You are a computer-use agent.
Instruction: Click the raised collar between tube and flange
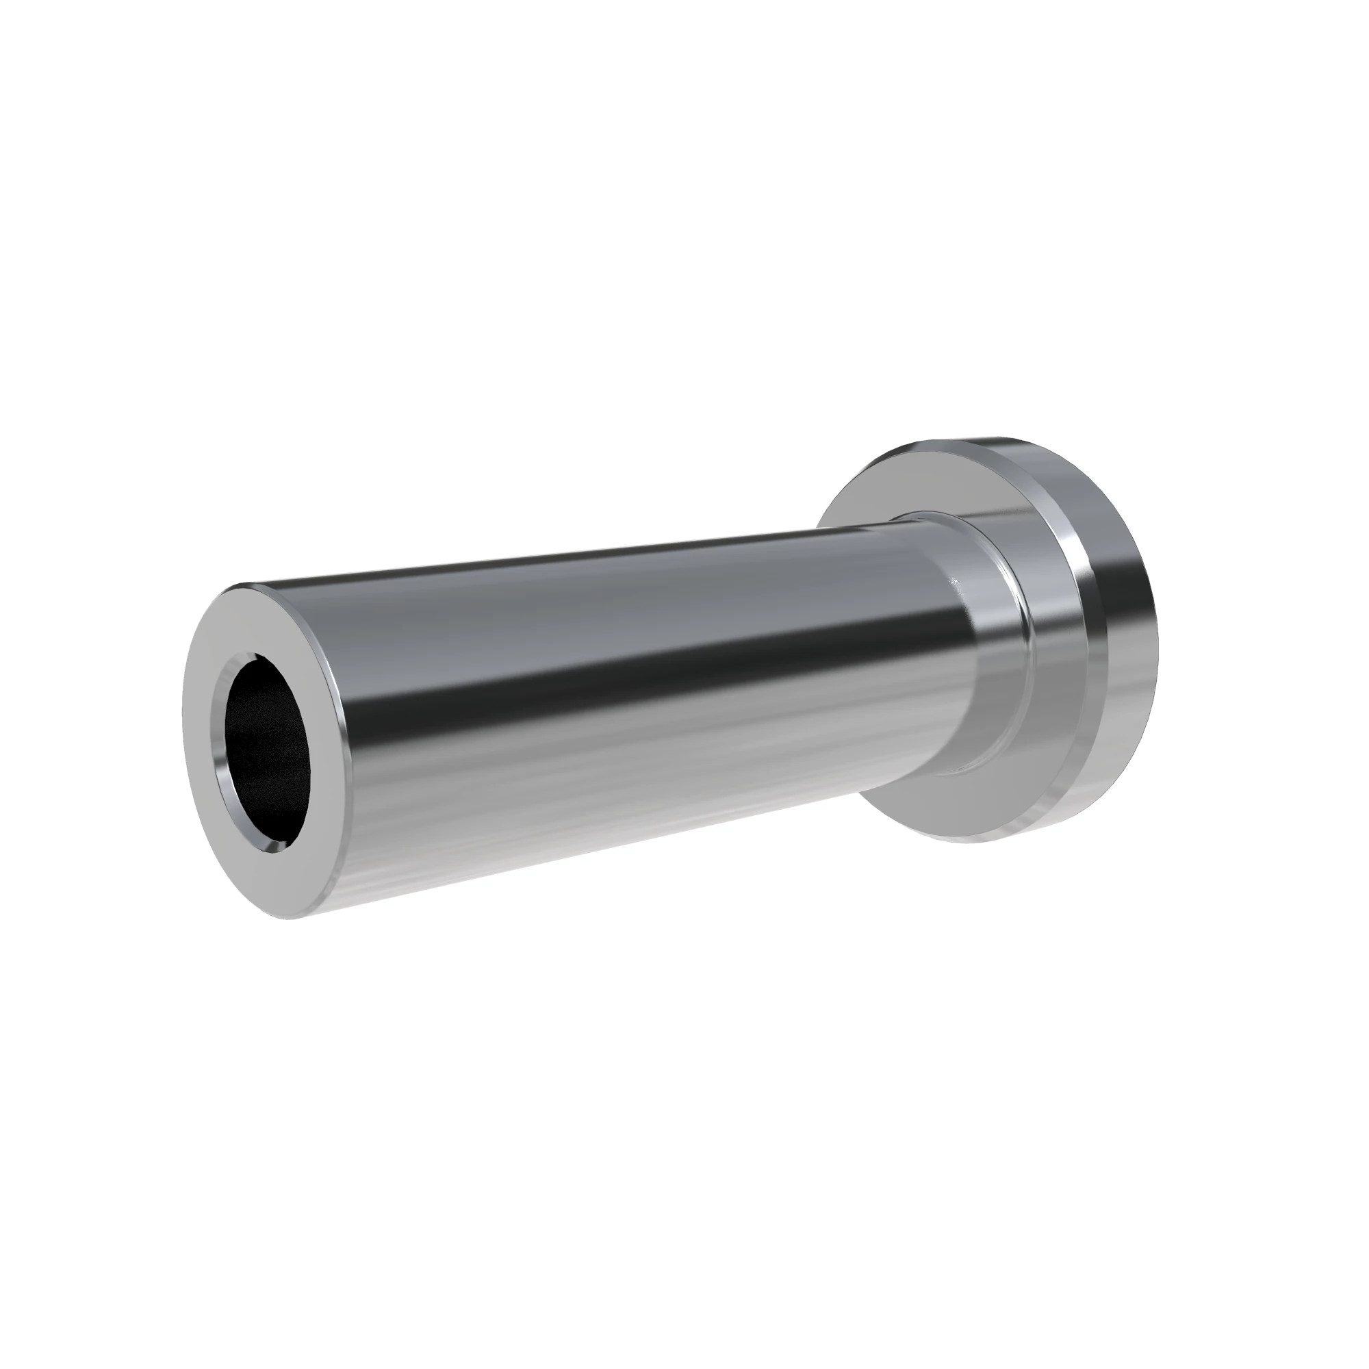992,638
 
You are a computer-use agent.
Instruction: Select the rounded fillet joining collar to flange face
1027,638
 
